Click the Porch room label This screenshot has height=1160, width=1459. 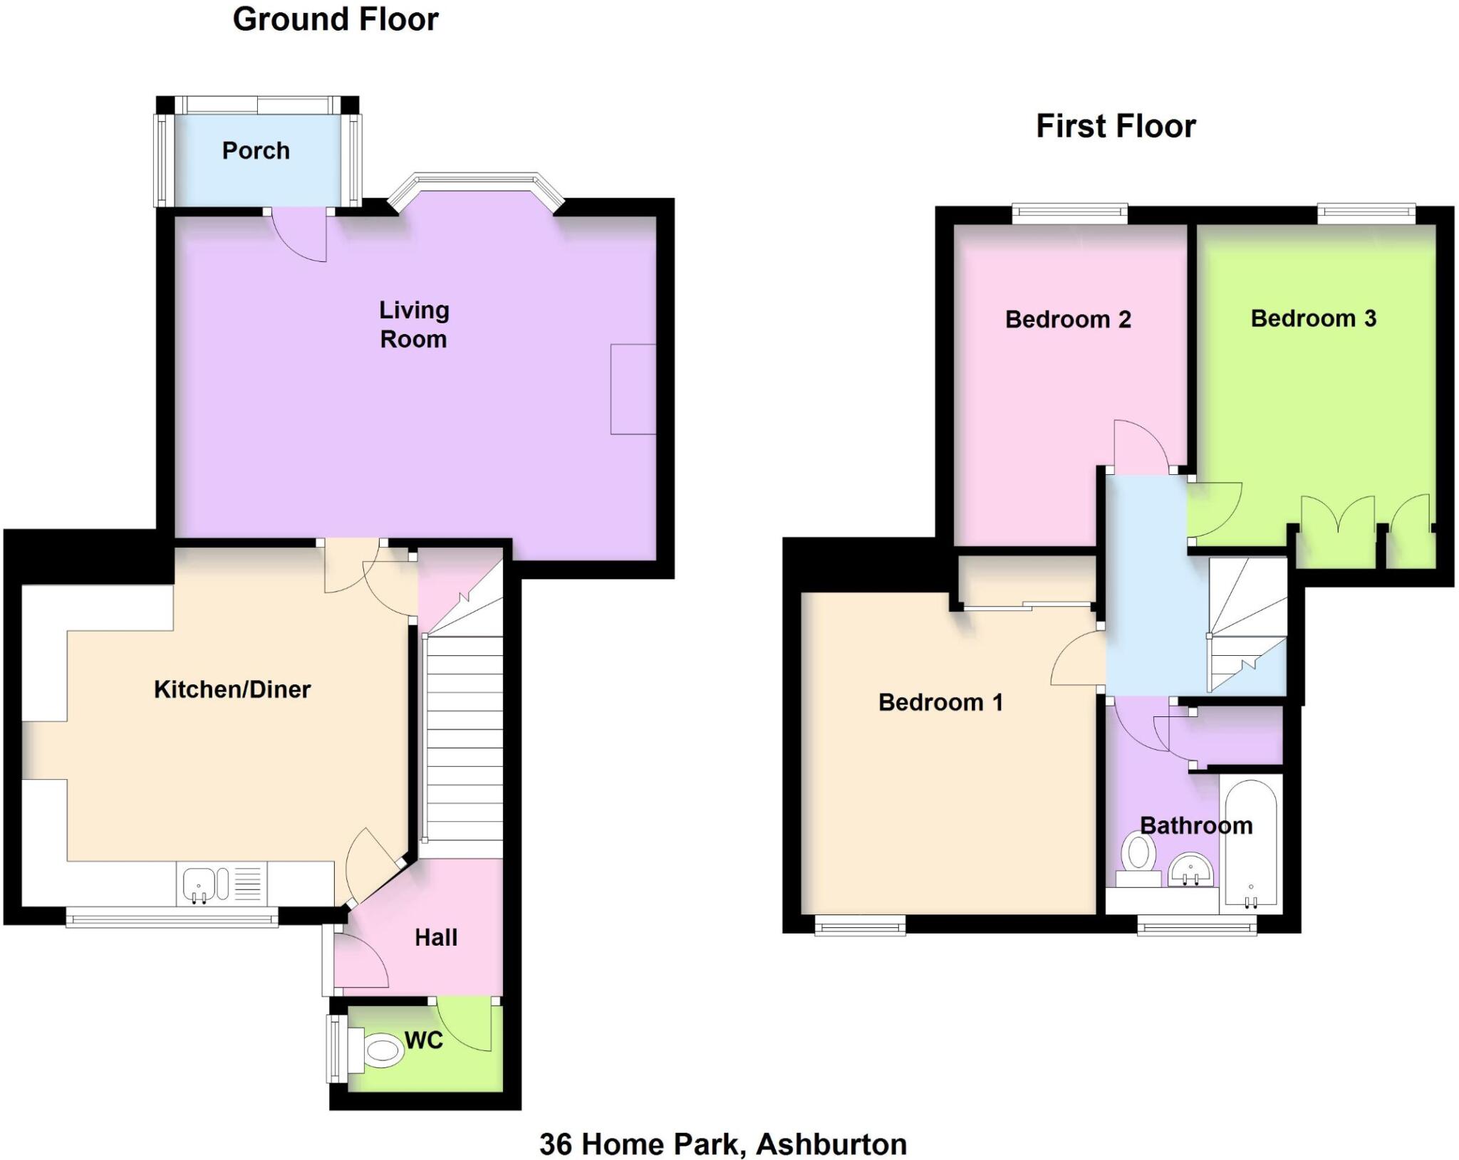point(256,151)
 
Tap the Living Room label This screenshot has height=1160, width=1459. point(413,324)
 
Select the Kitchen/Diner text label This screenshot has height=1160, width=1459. point(232,689)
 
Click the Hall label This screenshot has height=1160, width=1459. point(436,937)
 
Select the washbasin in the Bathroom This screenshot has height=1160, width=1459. point(1190,869)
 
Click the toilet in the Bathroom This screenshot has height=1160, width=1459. point(1138,857)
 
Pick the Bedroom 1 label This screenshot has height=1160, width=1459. point(940,703)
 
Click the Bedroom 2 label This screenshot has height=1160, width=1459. point(1068,320)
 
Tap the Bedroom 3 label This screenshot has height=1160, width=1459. point(1313,318)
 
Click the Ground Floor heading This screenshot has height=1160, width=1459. point(336,19)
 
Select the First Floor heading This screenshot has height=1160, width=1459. point(1116,127)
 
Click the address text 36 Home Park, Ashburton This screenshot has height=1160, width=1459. point(723,1144)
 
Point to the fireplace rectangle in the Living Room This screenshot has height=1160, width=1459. point(633,389)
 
